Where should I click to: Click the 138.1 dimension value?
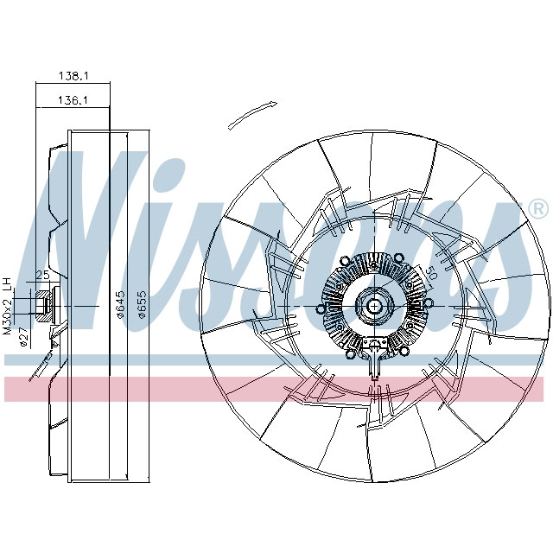click(73, 76)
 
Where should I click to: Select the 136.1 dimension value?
click(73, 100)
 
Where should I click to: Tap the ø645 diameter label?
click(121, 305)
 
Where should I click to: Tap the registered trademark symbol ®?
click(537, 209)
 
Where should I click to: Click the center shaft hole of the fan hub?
click(375, 306)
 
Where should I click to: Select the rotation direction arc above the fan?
click(253, 114)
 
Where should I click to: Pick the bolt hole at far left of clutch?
click(322, 307)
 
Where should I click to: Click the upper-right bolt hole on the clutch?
click(404, 261)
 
